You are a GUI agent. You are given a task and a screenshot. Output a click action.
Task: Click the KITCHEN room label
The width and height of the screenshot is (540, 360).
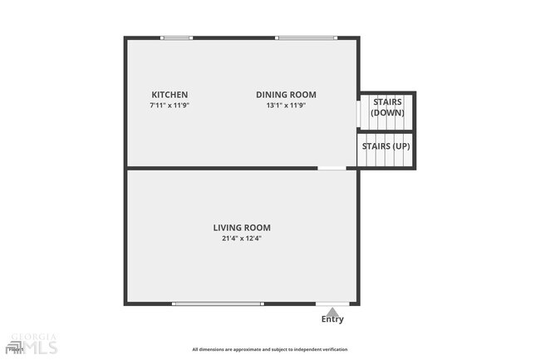(169, 95)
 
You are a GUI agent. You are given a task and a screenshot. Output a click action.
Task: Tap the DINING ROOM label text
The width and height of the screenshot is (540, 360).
(286, 95)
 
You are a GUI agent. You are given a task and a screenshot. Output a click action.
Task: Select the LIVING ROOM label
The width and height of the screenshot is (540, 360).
(242, 228)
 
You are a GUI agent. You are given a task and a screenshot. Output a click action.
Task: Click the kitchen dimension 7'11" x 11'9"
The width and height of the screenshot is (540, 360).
(169, 106)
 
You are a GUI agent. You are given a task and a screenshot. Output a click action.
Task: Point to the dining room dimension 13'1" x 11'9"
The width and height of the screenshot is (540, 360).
(286, 106)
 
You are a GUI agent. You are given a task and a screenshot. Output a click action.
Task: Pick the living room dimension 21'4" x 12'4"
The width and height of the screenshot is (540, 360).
(242, 239)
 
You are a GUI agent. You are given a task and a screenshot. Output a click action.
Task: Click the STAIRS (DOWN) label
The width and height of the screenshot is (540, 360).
(387, 107)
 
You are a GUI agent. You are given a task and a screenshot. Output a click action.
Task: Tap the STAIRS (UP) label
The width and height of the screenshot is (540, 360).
(385, 146)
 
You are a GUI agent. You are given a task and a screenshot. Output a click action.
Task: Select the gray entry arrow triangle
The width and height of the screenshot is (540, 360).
(332, 310)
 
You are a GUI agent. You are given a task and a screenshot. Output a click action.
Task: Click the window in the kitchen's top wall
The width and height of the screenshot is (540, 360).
(177, 37)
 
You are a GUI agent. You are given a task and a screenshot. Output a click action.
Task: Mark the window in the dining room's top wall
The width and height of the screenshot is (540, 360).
(307, 37)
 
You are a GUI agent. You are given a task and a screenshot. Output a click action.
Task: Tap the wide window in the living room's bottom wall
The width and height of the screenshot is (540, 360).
(218, 304)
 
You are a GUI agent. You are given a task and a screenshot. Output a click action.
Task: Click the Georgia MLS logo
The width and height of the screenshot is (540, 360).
(32, 343)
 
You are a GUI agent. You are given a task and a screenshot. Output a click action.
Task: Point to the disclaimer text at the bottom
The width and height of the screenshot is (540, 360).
(270, 350)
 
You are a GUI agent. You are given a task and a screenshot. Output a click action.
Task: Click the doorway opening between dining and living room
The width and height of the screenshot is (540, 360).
(332, 169)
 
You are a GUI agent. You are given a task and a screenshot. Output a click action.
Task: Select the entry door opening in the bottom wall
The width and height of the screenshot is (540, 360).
(332, 304)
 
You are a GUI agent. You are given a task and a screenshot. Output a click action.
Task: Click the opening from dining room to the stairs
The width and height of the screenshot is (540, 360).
(358, 113)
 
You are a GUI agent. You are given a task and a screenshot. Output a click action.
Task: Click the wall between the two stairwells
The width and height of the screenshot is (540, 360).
(386, 131)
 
